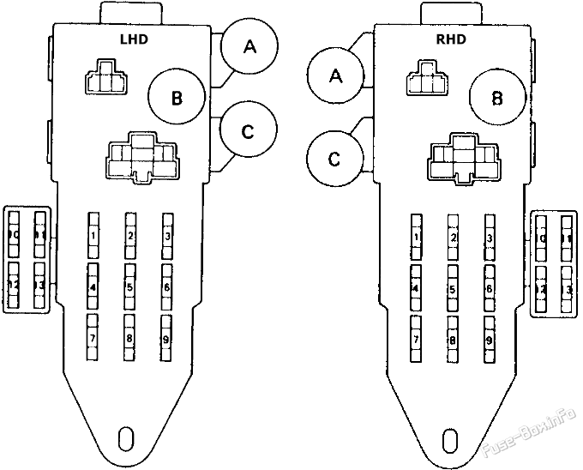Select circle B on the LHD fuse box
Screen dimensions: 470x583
point(176,98)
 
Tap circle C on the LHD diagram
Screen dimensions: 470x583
point(248,131)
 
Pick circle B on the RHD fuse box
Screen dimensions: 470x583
point(496,98)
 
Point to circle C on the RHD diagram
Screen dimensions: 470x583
point(335,159)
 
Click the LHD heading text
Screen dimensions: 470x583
point(133,39)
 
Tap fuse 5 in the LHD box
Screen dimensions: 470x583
point(129,287)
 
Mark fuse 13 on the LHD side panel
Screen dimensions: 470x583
point(39,285)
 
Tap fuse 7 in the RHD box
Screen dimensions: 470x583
point(416,340)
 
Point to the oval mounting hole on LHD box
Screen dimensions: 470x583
point(126,437)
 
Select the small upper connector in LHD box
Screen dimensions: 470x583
point(104,77)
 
